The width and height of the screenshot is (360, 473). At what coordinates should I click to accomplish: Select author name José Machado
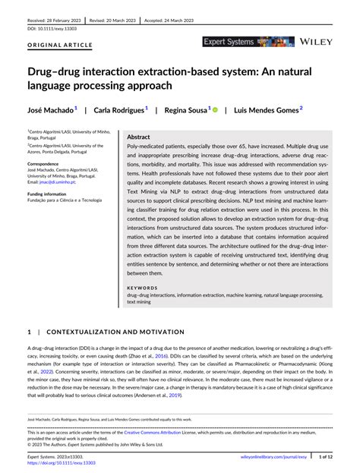point(50,109)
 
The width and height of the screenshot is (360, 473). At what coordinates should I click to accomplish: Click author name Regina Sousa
point(187,109)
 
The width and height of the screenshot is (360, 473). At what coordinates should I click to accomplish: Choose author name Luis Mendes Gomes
point(266,109)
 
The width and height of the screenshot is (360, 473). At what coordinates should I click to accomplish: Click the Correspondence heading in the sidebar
point(49,163)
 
